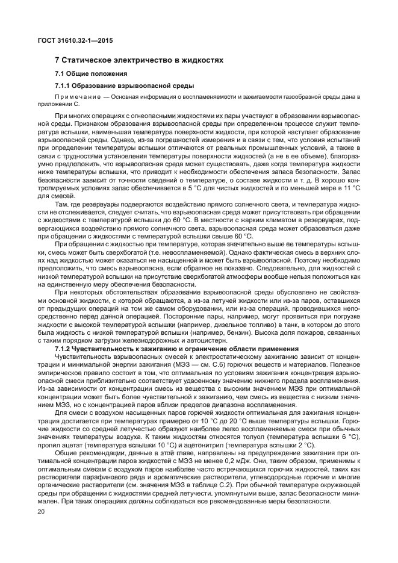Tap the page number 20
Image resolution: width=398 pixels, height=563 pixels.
click(x=41, y=512)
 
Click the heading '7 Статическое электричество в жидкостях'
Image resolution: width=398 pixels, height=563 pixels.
click(x=139, y=60)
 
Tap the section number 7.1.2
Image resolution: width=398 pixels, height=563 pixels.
click(x=64, y=349)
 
